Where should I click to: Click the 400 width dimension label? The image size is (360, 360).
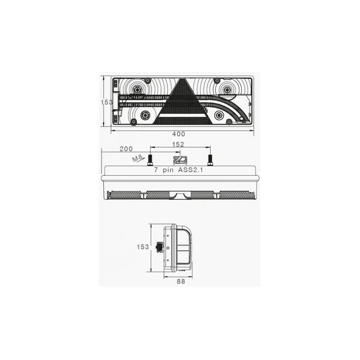point(178,134)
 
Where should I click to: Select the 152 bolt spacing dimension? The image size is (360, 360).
point(178,144)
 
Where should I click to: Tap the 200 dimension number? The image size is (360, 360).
point(126,149)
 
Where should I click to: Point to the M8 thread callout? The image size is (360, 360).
point(138,158)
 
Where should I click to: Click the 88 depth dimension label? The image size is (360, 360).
point(181,281)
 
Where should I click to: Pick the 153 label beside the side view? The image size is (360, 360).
point(143,247)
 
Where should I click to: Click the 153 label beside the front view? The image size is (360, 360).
point(107,102)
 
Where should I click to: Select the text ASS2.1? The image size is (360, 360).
point(190,170)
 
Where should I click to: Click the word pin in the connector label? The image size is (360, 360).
point(168,170)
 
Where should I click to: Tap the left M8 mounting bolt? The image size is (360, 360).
point(150,160)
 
